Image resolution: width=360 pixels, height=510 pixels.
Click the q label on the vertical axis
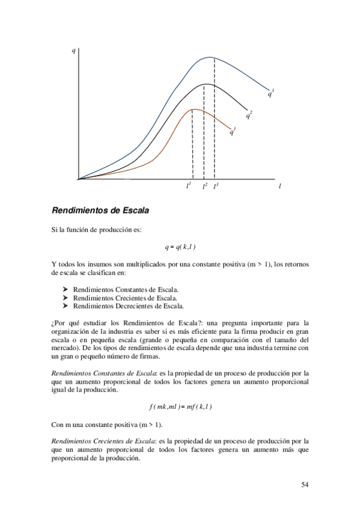pyautogui.click(x=73, y=50)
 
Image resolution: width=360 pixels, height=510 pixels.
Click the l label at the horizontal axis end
pyautogui.click(x=279, y=186)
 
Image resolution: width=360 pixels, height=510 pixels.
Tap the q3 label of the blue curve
pyautogui.click(x=270, y=93)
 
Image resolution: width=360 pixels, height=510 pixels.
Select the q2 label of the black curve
pyautogui.click(x=248, y=114)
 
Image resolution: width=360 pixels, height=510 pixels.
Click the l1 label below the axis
pyautogui.click(x=189, y=186)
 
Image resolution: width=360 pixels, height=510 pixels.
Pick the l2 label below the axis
pyautogui.click(x=204, y=186)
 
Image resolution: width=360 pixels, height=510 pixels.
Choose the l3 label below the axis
pyautogui.click(x=216, y=186)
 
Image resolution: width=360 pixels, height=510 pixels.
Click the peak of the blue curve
pyautogui.click(x=210, y=57)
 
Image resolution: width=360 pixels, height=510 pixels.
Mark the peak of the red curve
pyautogui.click(x=193, y=109)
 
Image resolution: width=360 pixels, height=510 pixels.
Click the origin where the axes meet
pyautogui.click(x=78, y=179)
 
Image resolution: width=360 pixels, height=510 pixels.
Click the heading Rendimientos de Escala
pyautogui.click(x=100, y=211)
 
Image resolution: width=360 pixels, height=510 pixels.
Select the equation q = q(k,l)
pyautogui.click(x=180, y=247)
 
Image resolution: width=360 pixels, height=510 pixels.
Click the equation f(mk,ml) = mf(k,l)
pyautogui.click(x=180, y=407)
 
